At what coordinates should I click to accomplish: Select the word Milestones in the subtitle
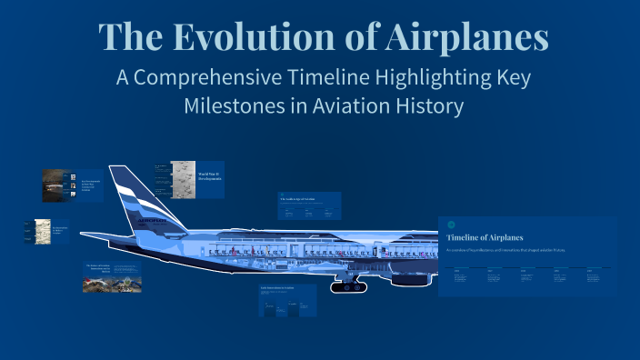pos(240,105)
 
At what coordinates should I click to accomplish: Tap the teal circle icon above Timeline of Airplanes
pos(452,225)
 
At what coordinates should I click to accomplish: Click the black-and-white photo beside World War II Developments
pos(184,180)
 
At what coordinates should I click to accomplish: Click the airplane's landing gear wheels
pos(348,286)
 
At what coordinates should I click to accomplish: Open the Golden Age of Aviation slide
pos(309,206)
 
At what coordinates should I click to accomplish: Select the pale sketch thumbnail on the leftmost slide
pos(41,231)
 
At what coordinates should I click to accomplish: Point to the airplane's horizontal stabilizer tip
pos(85,237)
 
